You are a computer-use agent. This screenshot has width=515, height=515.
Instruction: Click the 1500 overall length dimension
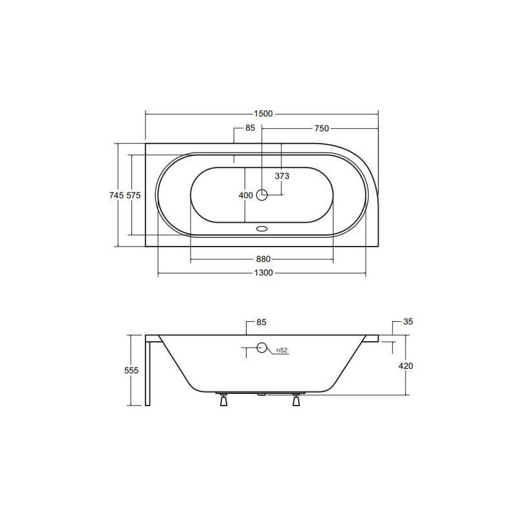(x=263, y=114)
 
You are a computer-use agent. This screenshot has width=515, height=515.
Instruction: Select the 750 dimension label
(x=321, y=128)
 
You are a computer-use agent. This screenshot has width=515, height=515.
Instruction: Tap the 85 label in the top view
(x=250, y=127)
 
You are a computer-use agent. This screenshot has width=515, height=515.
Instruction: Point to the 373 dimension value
(x=282, y=176)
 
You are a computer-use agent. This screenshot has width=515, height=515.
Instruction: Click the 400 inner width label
(x=246, y=196)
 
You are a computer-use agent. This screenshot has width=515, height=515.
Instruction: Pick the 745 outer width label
(x=117, y=196)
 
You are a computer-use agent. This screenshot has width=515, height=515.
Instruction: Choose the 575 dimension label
(x=133, y=196)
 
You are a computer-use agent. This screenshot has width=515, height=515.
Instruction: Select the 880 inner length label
(x=263, y=259)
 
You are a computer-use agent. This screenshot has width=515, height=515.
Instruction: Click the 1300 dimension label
(x=263, y=273)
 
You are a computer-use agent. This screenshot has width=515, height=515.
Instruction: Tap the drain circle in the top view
(x=262, y=195)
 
